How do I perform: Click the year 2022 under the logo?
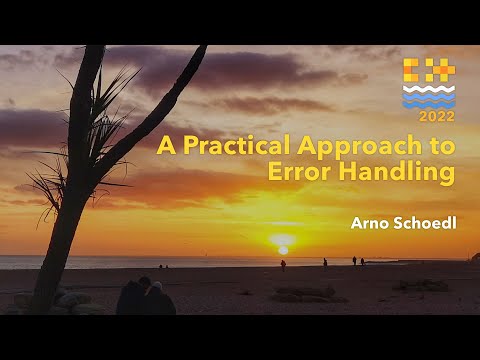click(x=430, y=116)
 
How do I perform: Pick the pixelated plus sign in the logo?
click(x=442, y=71)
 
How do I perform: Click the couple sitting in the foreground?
click(x=146, y=297)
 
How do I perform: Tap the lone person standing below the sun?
click(x=283, y=265)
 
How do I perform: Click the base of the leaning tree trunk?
click(x=45, y=300)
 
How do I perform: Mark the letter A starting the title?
click(x=165, y=146)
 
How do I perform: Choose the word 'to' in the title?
click(x=440, y=146)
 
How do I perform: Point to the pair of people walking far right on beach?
click(x=358, y=261)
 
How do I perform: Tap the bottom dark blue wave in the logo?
click(x=429, y=103)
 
